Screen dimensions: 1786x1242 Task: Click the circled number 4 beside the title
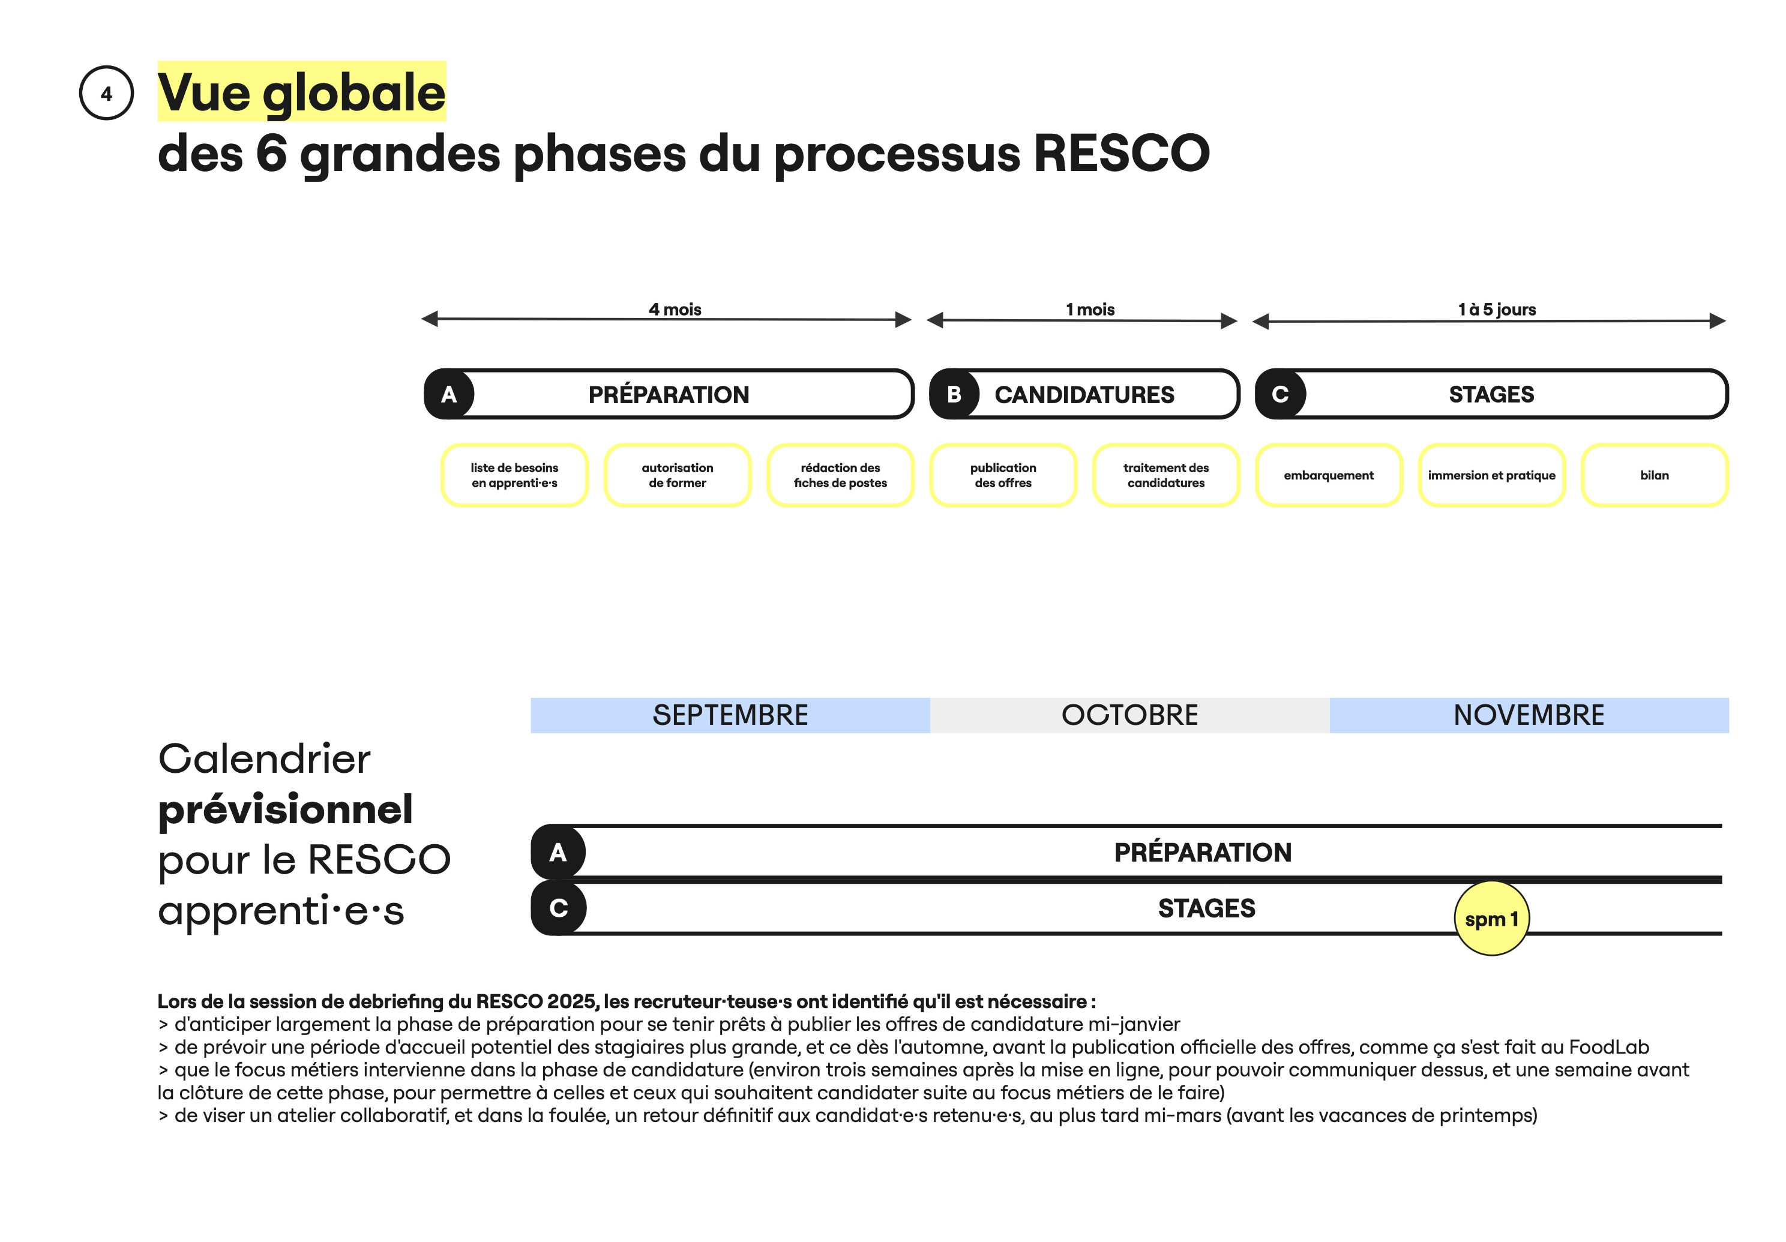(107, 94)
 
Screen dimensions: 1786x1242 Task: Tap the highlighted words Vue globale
(302, 92)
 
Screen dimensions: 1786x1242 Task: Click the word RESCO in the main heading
(1121, 152)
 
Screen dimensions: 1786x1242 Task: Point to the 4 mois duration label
(675, 310)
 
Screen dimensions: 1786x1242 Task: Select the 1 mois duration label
(1090, 310)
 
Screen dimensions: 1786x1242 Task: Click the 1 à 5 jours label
(1497, 310)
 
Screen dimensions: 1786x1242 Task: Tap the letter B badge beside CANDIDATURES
(954, 394)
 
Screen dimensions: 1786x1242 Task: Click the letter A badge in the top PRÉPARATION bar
(449, 394)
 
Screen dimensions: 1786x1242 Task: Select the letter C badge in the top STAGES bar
(1280, 394)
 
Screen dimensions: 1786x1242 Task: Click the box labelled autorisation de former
(678, 475)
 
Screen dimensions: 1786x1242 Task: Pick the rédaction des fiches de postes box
(840, 475)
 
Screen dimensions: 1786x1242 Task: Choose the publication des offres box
(1003, 475)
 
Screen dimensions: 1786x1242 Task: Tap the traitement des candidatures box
(1166, 475)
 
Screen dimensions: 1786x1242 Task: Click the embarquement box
(1329, 475)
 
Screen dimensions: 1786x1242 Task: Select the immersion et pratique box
(1492, 475)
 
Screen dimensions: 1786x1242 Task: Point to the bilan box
(1655, 475)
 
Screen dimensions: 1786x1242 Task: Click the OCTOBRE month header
(1129, 715)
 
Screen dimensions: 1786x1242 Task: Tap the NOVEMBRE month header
(1529, 715)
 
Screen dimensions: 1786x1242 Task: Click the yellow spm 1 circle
(1492, 919)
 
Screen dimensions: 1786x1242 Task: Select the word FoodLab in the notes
(1608, 1047)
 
